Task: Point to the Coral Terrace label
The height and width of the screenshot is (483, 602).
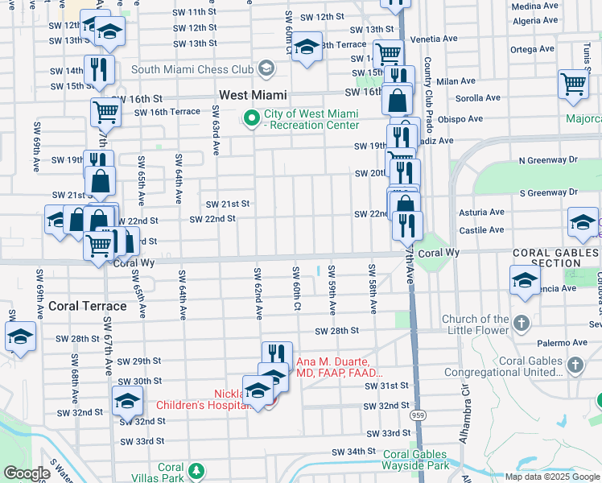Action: coord(87,306)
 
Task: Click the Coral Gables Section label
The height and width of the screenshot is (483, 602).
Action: coord(556,258)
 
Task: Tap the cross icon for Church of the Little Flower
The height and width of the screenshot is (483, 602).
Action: coord(522,324)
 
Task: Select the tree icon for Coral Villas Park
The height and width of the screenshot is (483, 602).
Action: coord(195,469)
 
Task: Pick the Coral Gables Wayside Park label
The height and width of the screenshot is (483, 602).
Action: coord(415,460)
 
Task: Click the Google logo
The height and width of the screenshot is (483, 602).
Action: coord(27,473)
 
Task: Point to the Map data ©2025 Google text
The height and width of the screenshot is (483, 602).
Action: coord(553,477)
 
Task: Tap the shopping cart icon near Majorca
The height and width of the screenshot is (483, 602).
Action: coord(573,83)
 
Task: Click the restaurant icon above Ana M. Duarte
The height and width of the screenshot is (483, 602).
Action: coord(276,353)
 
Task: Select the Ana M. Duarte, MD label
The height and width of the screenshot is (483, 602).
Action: coord(340,368)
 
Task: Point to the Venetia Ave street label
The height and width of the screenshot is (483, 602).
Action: coord(435,39)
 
